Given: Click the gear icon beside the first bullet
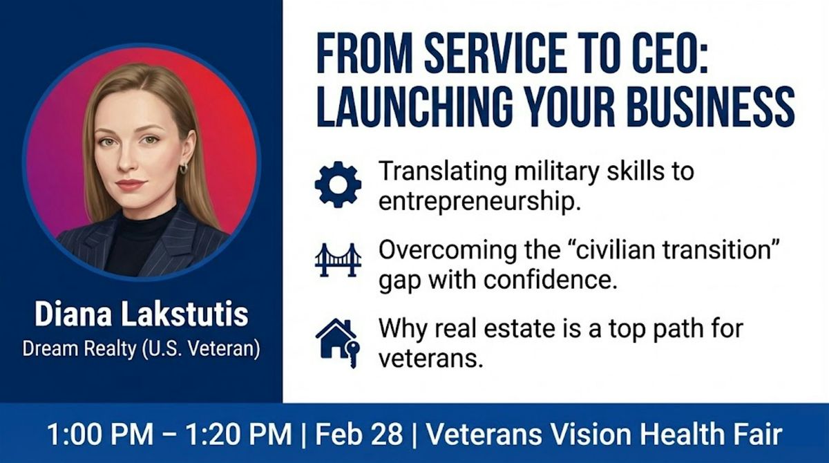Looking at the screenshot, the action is (338, 185).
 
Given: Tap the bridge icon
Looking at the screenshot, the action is (338, 260).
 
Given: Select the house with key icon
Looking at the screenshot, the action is (337, 343).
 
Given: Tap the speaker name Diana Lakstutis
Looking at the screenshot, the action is (142, 314).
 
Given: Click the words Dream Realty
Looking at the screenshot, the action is (79, 349).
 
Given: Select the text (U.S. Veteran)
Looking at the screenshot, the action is (201, 349).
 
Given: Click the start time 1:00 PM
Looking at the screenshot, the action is (100, 434).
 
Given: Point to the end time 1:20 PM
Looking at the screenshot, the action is (239, 434).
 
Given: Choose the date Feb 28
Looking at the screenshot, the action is (359, 434).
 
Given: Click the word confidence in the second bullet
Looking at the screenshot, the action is (551, 280).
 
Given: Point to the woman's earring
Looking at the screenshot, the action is (184, 169).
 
